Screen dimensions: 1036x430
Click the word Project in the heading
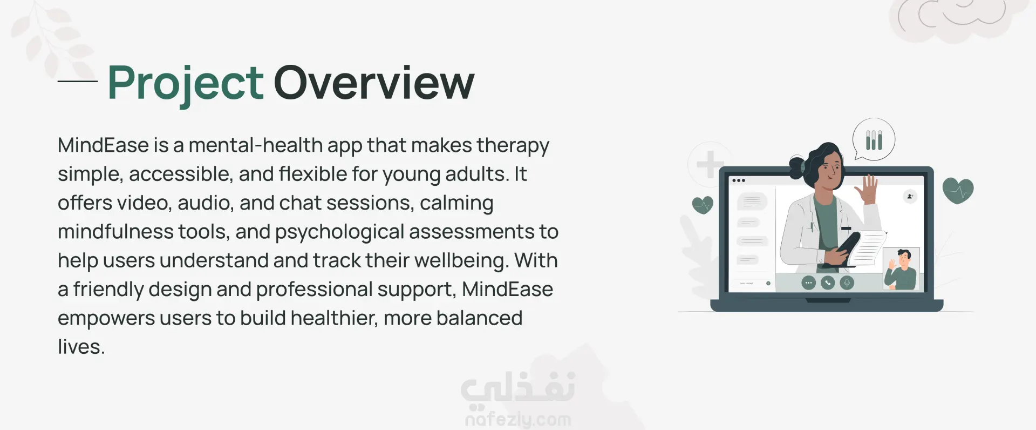(186, 84)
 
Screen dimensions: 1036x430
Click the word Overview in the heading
(374, 82)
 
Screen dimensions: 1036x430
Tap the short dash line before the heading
(77, 82)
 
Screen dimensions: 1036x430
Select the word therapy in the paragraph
(513, 146)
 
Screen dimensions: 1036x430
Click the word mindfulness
(115, 231)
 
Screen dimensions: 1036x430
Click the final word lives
(81, 347)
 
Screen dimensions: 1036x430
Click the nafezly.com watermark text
(518, 419)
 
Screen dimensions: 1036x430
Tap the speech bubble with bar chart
(873, 140)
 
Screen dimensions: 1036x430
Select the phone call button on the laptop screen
(828, 283)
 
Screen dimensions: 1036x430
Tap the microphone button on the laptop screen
(847, 283)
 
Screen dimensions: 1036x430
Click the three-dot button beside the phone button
(808, 283)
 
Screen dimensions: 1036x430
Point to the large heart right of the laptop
(958, 191)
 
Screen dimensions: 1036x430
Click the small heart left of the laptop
(703, 205)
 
